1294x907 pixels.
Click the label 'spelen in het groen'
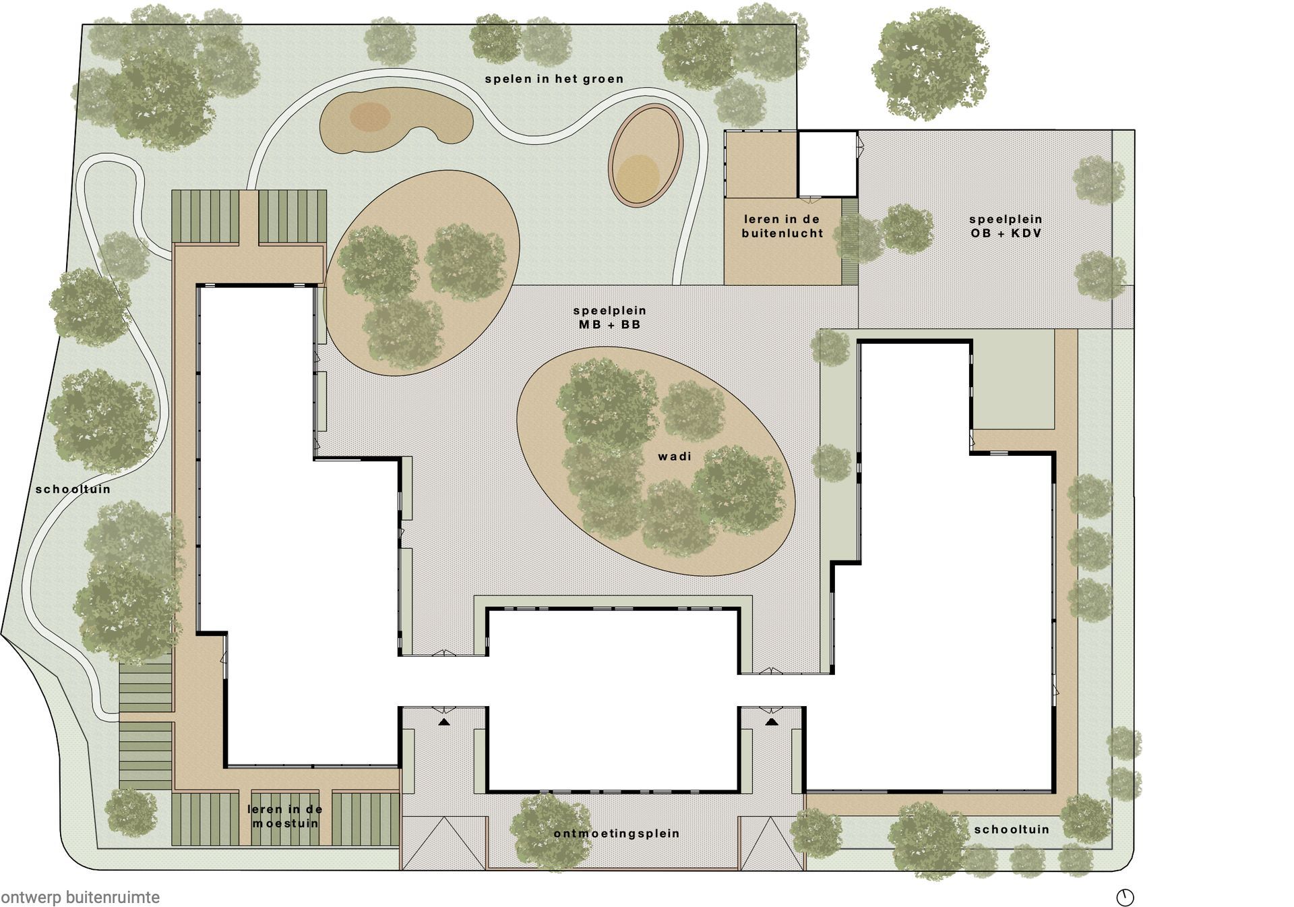pyautogui.click(x=554, y=79)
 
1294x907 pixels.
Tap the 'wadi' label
pyautogui.click(x=675, y=457)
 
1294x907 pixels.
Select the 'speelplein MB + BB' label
pyautogui.click(x=609, y=318)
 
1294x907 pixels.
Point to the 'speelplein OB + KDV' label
pyautogui.click(x=1006, y=226)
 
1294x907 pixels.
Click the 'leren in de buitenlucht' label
pyautogui.click(x=782, y=226)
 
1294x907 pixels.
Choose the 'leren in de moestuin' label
pyautogui.click(x=285, y=816)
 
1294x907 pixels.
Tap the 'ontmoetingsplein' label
pyautogui.click(x=617, y=833)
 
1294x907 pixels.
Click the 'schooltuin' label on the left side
pyautogui.click(x=73, y=489)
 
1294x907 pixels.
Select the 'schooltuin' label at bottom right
pyautogui.click(x=1012, y=829)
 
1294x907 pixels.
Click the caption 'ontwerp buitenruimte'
pyautogui.click(x=80, y=898)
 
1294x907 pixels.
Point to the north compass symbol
pyautogui.click(x=1125, y=898)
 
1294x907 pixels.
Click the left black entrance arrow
pyautogui.click(x=443, y=722)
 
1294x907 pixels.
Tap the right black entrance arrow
pyautogui.click(x=772, y=722)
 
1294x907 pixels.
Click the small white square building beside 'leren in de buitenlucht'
pyautogui.click(x=827, y=163)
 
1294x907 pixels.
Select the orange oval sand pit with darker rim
pyautogui.click(x=646, y=155)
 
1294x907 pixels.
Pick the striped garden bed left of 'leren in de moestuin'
pyautogui.click(x=206, y=819)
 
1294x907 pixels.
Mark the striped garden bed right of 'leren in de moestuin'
pyautogui.click(x=365, y=819)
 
